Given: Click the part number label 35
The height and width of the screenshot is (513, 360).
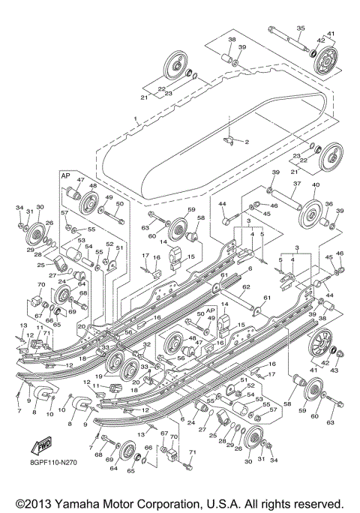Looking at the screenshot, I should [x=300, y=28].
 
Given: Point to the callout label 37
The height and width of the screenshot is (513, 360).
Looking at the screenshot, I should [x=298, y=183].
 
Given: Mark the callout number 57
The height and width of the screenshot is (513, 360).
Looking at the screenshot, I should [x=66, y=213].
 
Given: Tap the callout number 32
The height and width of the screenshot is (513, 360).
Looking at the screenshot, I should [x=147, y=343].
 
